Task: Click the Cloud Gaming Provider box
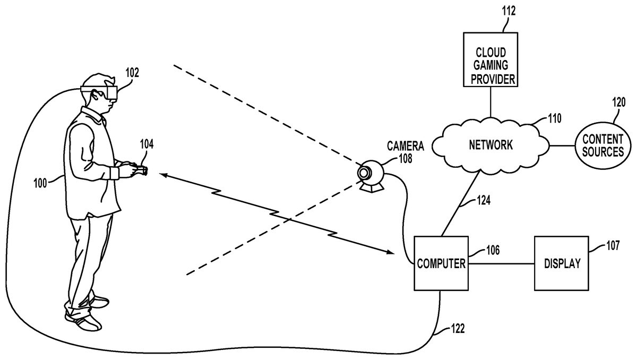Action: [490, 59]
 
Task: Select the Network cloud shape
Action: [489, 144]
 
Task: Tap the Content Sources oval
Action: [602, 145]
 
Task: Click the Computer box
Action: [441, 263]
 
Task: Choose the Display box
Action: [562, 263]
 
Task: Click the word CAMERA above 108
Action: [405, 144]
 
